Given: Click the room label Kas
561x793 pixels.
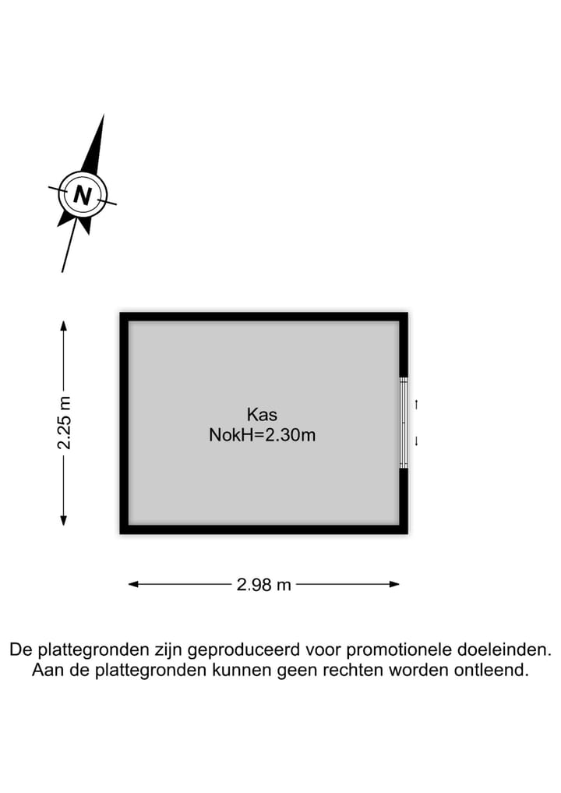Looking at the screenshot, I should (x=262, y=414).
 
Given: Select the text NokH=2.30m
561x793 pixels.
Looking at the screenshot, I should (x=262, y=435).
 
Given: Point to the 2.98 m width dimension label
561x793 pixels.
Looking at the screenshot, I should (x=263, y=584).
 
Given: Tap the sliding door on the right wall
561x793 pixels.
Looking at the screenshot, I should (x=404, y=422).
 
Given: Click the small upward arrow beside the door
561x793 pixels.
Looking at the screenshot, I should (x=417, y=404).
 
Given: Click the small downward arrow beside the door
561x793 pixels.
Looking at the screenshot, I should (x=417, y=441).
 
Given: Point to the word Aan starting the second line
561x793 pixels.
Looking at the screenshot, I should (x=46, y=670).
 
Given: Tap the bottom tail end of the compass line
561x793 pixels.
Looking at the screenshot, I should (x=62, y=271).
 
